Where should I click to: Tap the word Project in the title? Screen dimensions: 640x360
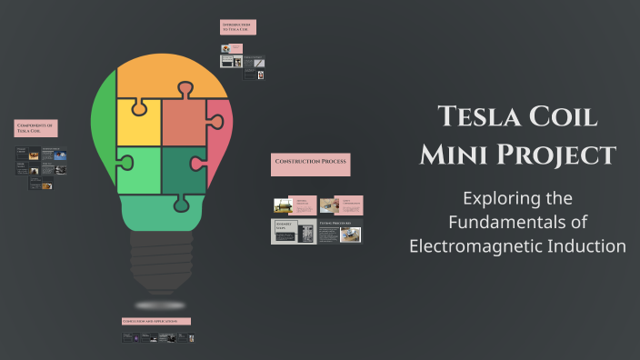[559, 155]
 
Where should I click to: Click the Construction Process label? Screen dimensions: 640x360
[311, 164]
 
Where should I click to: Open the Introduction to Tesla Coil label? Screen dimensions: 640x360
[238, 27]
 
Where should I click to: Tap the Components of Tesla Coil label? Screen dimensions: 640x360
[36, 128]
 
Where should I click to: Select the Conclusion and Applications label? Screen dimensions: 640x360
[156, 321]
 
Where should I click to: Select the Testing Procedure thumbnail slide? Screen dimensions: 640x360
[340, 232]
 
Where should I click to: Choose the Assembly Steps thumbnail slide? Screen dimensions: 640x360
[294, 232]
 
